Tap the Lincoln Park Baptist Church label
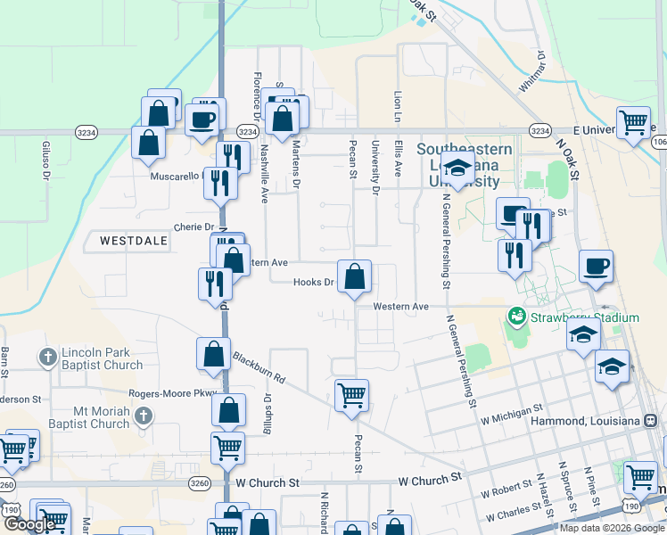click(x=102, y=358)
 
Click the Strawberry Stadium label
click(x=585, y=317)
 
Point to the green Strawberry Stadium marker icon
click(x=515, y=316)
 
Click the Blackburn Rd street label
click(x=259, y=366)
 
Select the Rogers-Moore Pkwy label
click(x=172, y=393)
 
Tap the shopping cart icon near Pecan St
click(x=351, y=394)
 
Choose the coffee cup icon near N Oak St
click(x=596, y=265)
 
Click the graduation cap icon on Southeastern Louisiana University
click(x=457, y=169)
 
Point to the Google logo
click(x=29, y=524)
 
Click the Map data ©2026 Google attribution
click(x=612, y=528)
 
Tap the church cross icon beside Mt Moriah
click(x=143, y=416)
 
